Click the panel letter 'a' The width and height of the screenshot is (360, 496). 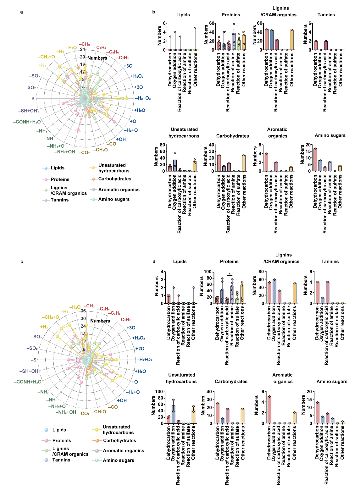click(x=21, y=12)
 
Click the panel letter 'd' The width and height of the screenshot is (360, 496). click(x=154, y=262)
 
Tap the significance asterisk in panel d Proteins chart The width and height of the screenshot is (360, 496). click(x=230, y=274)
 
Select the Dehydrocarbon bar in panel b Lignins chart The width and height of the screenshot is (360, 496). click(x=267, y=40)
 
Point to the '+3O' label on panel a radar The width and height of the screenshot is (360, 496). click(x=128, y=66)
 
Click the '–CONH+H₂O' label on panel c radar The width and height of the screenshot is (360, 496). click(x=27, y=382)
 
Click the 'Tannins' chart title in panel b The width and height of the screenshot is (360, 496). click(x=326, y=15)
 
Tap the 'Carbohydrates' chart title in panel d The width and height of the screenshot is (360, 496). click(x=231, y=382)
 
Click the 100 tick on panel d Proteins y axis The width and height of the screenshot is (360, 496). click(x=208, y=272)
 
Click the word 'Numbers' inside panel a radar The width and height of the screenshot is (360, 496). click(x=97, y=58)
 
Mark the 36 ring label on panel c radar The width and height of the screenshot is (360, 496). click(x=83, y=311)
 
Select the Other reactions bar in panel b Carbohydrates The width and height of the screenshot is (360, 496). click(x=244, y=163)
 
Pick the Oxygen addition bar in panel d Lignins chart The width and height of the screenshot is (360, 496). click(x=274, y=291)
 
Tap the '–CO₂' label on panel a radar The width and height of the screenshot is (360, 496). click(x=84, y=153)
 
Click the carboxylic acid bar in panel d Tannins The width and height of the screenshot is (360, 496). click(x=327, y=293)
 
